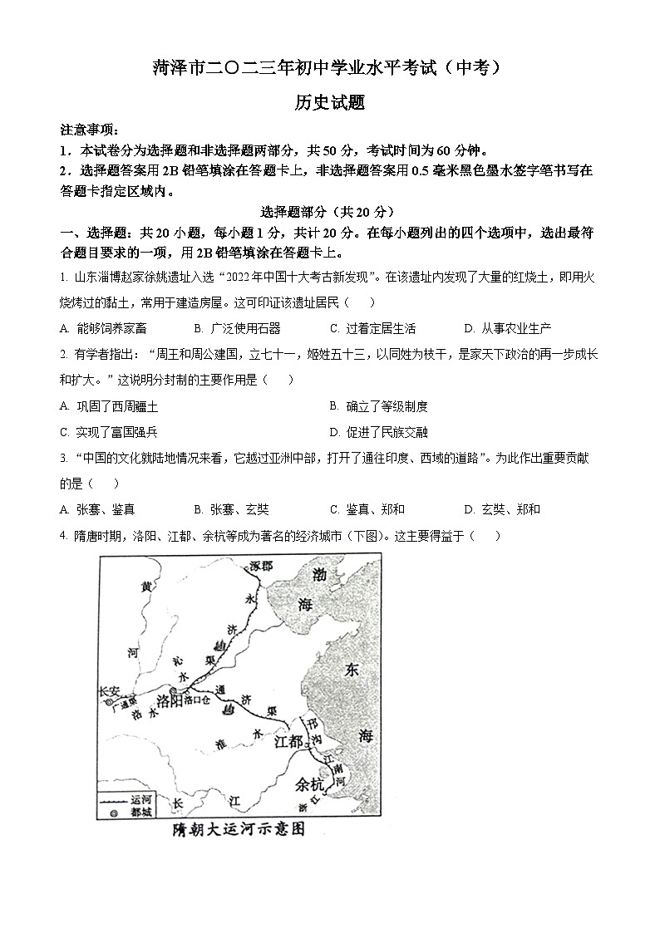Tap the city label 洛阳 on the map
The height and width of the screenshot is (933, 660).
click(x=170, y=700)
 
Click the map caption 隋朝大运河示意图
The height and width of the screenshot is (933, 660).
click(x=235, y=828)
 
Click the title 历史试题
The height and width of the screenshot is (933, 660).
click(x=330, y=103)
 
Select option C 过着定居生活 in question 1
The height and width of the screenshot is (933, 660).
click(x=372, y=328)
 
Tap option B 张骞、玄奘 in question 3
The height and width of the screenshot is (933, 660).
click(x=231, y=509)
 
